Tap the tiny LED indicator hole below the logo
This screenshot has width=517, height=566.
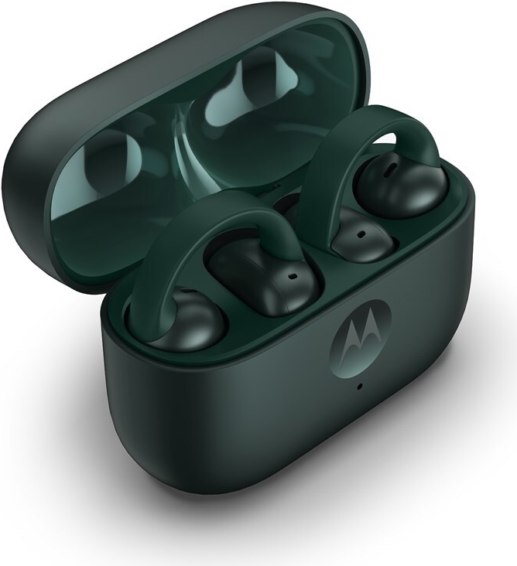point(361,385)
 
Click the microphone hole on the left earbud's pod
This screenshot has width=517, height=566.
point(293,274)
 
